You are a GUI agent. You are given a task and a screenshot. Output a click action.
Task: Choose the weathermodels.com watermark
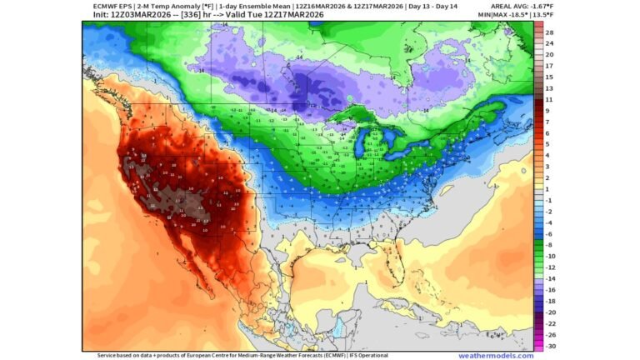[495, 355]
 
